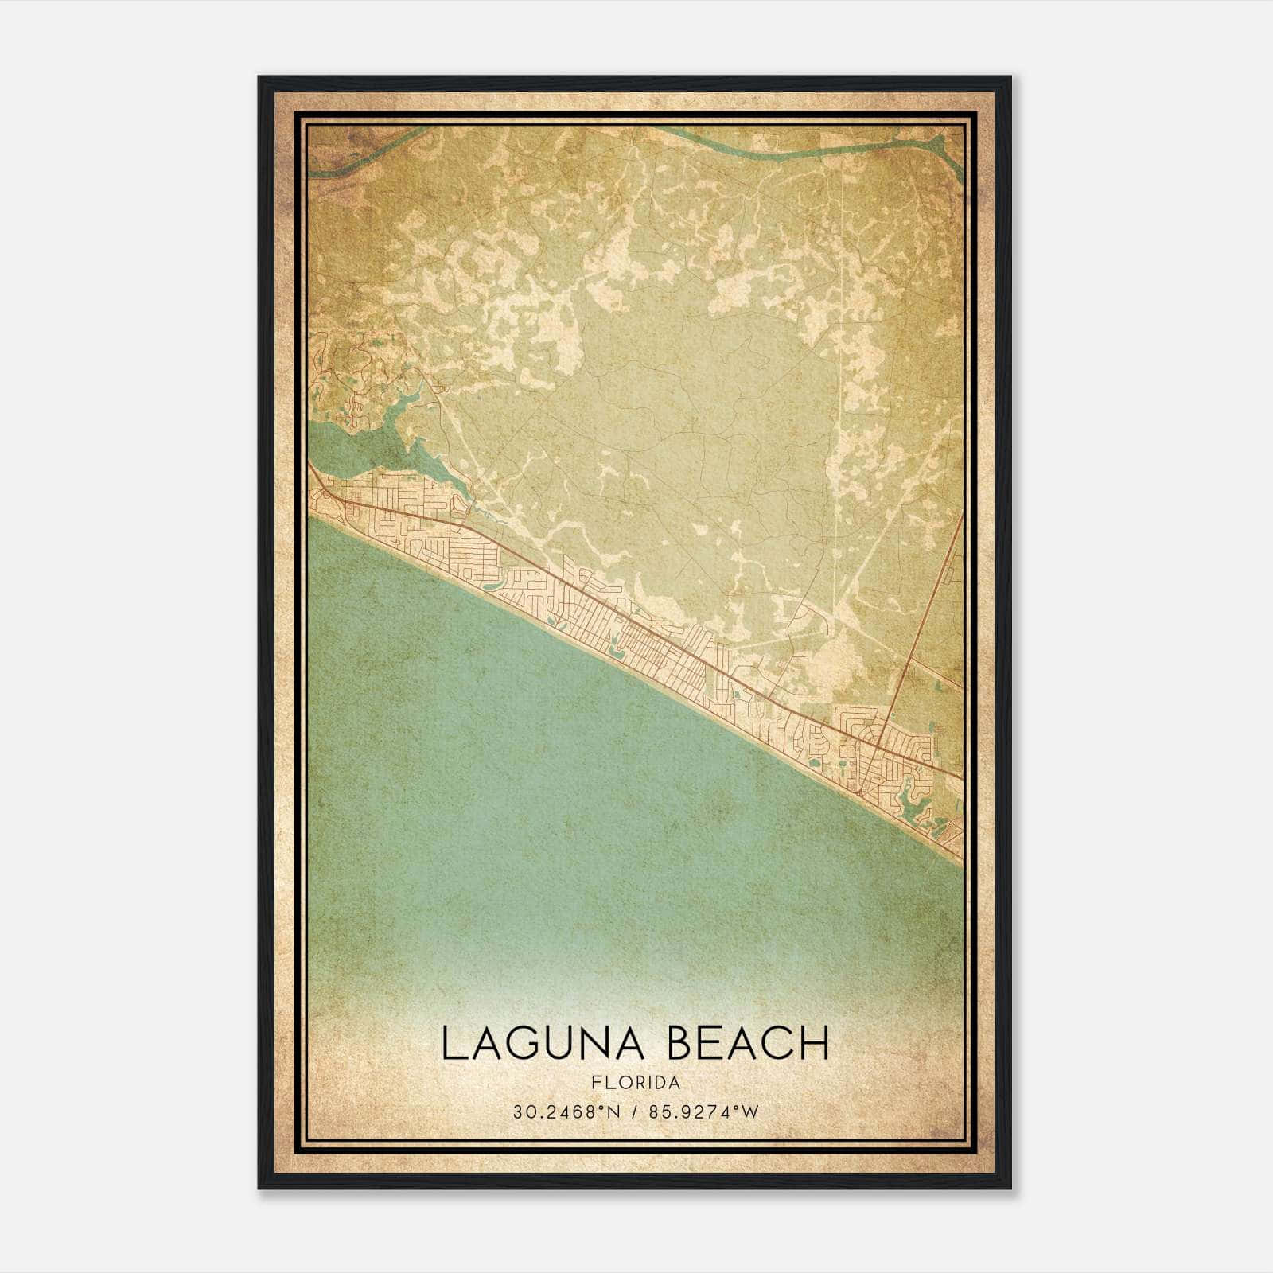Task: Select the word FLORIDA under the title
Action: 636,1083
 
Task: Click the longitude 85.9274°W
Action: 704,1111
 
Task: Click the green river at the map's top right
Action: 796,146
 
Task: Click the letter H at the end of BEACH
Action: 814,1044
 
